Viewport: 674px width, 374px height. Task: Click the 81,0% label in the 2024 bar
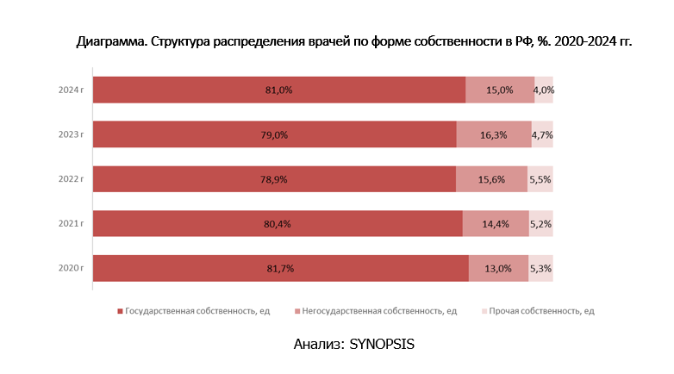[279, 90]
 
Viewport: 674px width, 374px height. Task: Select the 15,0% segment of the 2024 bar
[500, 90]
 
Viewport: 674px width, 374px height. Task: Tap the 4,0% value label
[544, 90]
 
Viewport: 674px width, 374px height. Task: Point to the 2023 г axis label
[71, 134]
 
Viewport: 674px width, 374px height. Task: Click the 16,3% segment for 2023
[494, 134]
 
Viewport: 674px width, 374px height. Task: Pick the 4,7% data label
[542, 134]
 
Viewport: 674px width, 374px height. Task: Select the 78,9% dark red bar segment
[274, 179]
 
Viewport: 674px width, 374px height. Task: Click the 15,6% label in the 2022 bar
[491, 179]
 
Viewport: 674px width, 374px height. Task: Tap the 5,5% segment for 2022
[540, 179]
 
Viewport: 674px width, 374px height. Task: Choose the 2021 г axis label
[71, 224]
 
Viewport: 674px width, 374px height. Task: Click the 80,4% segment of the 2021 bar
[278, 224]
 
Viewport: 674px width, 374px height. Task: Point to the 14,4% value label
[496, 224]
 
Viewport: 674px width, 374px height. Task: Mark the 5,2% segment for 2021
[541, 224]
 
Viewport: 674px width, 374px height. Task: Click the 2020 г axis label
[71, 269]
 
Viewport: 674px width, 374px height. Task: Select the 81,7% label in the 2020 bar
[281, 269]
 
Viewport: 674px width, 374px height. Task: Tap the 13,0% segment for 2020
[498, 269]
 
